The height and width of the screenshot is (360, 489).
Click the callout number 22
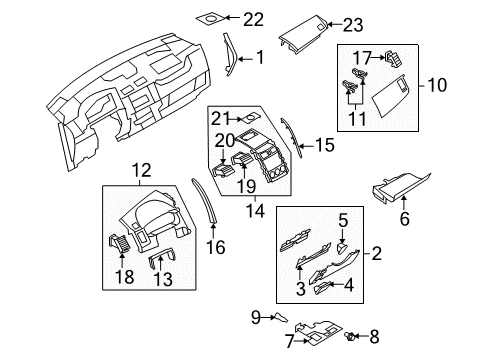click(x=253, y=19)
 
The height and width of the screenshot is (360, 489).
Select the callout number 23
click(x=353, y=25)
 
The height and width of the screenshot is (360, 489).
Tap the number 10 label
click(x=437, y=85)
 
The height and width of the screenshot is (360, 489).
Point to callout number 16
click(x=216, y=247)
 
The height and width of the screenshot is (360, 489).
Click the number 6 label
click(x=404, y=219)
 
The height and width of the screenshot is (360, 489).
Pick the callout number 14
click(x=255, y=211)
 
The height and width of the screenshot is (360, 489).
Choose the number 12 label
click(x=142, y=170)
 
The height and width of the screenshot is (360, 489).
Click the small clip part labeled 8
click(x=350, y=336)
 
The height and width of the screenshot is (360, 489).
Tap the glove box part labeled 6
click(x=400, y=187)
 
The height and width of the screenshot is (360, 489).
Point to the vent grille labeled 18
click(x=119, y=243)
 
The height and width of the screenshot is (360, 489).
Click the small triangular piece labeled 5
click(x=343, y=248)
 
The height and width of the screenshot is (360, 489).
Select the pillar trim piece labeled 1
click(x=230, y=54)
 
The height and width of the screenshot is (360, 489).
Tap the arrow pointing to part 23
click(x=335, y=24)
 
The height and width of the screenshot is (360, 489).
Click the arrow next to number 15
click(x=306, y=146)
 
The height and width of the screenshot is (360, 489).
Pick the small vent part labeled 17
click(x=393, y=59)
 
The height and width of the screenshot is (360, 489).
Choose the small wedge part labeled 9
click(x=281, y=318)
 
